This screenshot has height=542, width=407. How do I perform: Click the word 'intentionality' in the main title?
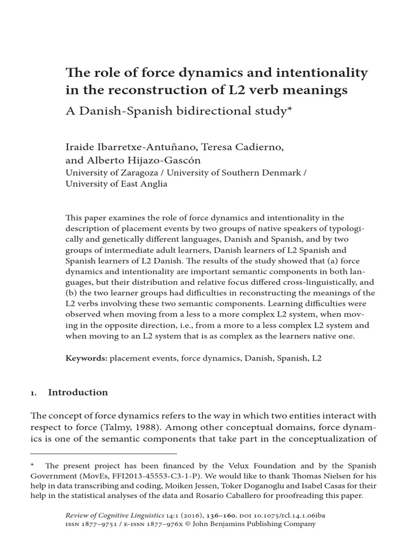pos(319,73)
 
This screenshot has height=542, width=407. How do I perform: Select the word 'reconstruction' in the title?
pos(141,91)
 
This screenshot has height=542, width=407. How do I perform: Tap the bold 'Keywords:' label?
pos(86,358)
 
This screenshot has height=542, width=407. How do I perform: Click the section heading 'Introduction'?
pos(77,392)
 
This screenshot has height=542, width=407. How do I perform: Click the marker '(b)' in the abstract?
pos(71,293)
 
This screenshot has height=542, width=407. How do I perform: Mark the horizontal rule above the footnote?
pos(103,454)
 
